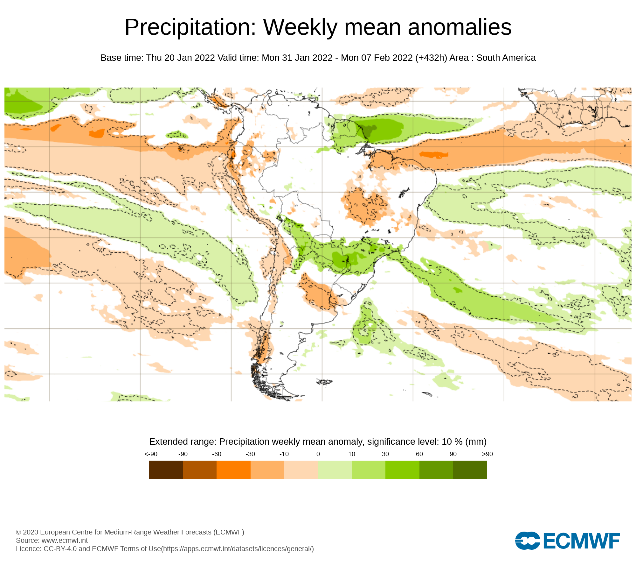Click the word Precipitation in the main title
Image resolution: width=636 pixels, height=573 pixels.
(x=190, y=27)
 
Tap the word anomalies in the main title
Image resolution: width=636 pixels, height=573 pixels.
(x=460, y=27)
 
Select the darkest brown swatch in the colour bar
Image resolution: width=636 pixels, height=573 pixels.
(x=166, y=470)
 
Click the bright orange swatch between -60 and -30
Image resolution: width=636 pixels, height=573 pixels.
(x=233, y=470)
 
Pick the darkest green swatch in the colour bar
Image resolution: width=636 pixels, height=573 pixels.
(x=470, y=470)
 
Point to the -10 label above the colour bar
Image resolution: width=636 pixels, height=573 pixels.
(x=284, y=454)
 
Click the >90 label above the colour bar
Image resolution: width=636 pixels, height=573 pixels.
(x=487, y=454)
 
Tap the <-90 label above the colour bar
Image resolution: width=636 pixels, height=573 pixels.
(x=151, y=454)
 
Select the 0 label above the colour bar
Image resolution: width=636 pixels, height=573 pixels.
(x=318, y=454)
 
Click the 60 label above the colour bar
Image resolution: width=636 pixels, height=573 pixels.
(x=419, y=454)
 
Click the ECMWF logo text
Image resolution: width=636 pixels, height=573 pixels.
(x=582, y=541)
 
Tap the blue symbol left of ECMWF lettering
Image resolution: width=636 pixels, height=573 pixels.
(x=528, y=541)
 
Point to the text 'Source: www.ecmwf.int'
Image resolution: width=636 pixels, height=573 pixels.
(x=52, y=540)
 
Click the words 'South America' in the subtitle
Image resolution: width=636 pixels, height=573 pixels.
(x=506, y=58)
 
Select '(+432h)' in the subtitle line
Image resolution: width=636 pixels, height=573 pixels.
(x=431, y=58)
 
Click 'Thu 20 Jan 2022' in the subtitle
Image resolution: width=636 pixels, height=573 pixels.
(x=180, y=58)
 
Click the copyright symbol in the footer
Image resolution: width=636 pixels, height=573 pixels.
(x=18, y=532)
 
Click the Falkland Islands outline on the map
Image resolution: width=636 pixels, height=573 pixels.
(x=325, y=382)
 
